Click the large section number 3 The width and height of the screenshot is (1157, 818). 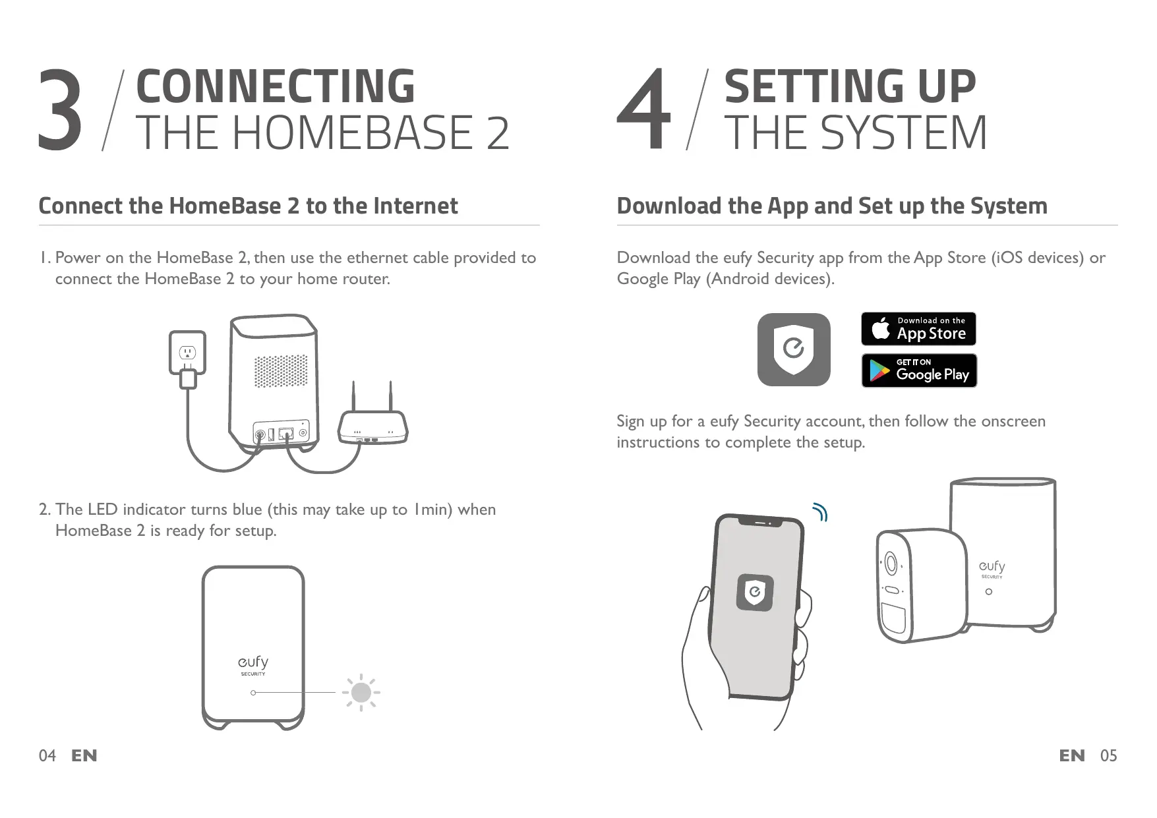coord(60,111)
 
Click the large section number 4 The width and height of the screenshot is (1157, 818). coord(644,111)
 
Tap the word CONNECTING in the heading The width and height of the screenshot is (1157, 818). coord(275,86)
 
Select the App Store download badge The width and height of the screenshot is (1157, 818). coord(918,329)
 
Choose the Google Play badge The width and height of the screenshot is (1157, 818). coord(918,370)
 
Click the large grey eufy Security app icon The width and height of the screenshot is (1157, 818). coord(793,349)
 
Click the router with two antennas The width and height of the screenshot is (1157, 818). coord(372,425)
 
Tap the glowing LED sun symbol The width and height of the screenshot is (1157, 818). coord(361,692)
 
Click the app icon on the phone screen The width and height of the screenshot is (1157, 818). coord(754,592)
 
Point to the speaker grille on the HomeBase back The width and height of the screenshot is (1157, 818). coord(281,372)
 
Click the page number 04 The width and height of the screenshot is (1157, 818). coord(47,755)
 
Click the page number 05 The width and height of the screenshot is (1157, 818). coord(1108,755)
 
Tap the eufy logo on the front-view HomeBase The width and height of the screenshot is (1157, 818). coord(253,662)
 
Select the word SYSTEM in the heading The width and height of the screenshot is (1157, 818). coord(903,132)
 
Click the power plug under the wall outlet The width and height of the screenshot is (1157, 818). coord(189,379)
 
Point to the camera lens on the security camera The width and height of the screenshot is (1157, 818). coord(891,564)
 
